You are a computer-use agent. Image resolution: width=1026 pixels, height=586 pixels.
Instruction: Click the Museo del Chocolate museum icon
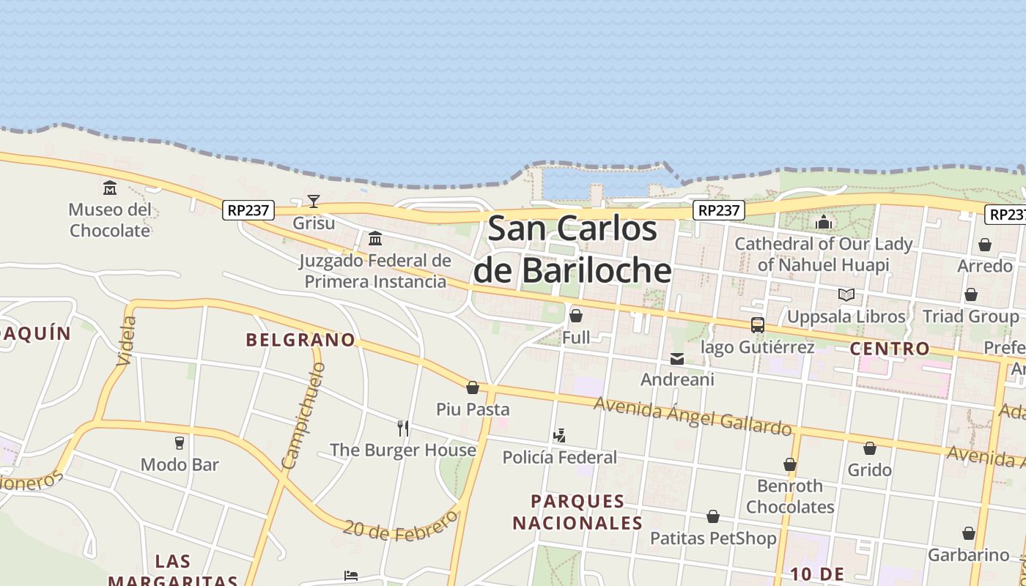110,188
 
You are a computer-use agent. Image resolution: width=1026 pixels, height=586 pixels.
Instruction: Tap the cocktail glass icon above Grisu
314,201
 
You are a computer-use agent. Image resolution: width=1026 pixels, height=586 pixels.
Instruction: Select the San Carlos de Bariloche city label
572,249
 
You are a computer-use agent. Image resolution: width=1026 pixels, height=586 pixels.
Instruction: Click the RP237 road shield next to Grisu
248,210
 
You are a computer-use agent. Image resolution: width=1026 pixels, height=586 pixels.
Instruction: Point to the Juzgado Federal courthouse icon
375,238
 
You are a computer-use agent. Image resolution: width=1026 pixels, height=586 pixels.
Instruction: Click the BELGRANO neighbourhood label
300,340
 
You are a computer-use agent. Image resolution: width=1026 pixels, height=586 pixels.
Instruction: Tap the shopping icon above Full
576,316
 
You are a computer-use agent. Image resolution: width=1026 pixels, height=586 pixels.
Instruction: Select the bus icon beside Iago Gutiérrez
758,324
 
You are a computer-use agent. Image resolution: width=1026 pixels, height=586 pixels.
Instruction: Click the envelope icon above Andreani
677,358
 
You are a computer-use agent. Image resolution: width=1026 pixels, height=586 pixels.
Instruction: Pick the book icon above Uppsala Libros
846,294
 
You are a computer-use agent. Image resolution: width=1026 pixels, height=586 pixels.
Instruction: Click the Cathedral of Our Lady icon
824,222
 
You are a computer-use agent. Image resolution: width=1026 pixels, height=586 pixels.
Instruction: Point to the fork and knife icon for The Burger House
402,428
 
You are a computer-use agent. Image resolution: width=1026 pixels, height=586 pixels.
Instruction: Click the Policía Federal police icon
559,436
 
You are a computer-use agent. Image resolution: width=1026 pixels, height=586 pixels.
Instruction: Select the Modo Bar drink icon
179,442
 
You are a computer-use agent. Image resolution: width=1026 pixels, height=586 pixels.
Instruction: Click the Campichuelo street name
302,415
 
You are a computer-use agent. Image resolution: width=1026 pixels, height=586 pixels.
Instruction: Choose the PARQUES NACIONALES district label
577,512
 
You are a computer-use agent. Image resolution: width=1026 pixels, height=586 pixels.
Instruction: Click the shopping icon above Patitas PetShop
712,517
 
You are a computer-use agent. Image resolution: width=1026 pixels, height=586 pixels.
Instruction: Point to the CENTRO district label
889,349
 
